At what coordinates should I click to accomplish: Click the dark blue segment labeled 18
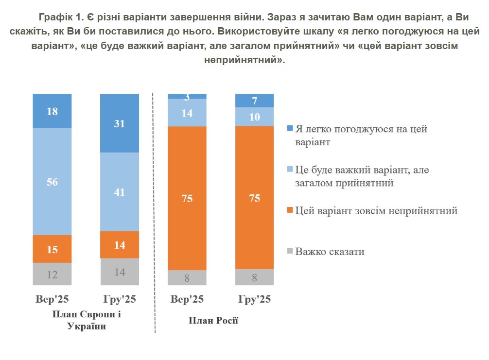52,111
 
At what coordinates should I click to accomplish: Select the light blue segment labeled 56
52,182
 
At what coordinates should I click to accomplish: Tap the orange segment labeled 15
52,249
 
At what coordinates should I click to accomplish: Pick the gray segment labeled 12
52,274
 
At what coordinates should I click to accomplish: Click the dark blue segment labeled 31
119,123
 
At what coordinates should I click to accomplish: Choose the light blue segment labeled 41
119,192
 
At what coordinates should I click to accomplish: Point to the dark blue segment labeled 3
187,96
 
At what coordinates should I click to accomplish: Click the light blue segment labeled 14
187,113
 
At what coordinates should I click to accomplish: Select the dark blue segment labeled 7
254,101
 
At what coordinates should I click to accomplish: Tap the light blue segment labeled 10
254,117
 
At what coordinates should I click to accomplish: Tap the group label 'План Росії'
213,321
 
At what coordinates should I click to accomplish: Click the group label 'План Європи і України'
87,320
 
